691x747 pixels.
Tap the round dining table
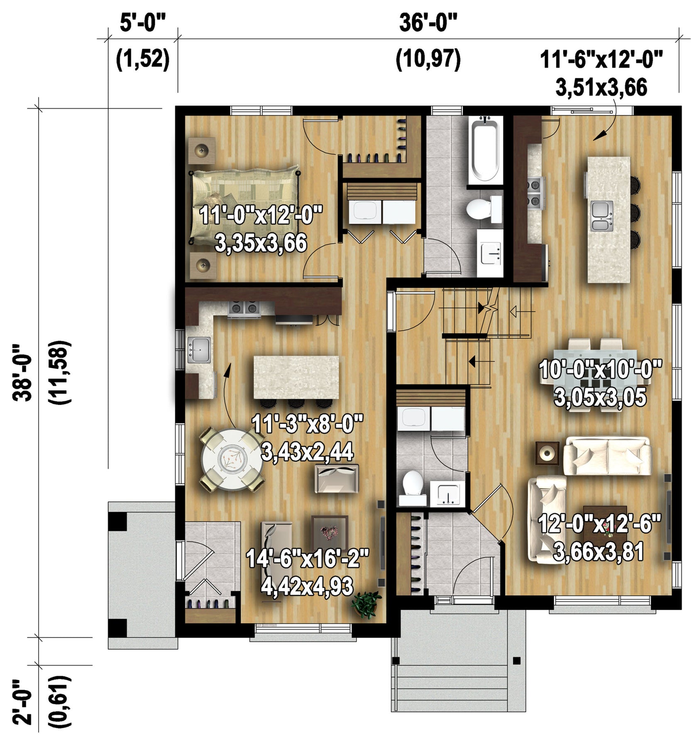(232, 460)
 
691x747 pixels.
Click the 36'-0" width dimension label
(428, 22)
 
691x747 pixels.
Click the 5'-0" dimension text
(143, 22)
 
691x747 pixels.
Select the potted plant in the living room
(365, 604)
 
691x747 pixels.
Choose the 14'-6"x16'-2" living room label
(308, 558)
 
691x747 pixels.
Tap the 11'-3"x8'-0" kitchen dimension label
(308, 424)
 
